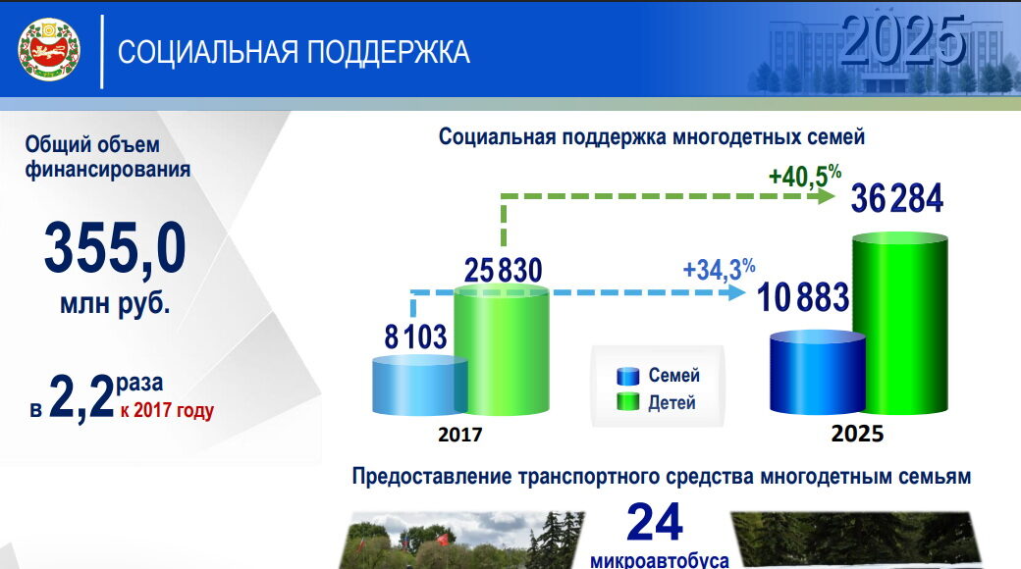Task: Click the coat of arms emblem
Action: pos(49,49)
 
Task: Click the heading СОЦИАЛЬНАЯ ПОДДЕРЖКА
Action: pos(294,52)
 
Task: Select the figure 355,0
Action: pos(115,248)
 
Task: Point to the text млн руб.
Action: pos(115,304)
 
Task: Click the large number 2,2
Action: pos(82,397)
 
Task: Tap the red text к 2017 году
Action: pos(167,411)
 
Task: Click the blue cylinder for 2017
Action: pos(419,386)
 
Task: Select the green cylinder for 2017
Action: pos(502,351)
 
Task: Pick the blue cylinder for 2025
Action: pos(817,373)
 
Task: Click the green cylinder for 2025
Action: pos(900,324)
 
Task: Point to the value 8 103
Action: pos(415,337)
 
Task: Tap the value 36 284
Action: pos(897,198)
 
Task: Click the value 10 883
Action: pos(803,297)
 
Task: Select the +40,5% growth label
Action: pos(805,176)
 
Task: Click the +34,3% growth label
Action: pos(719,269)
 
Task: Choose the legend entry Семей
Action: pos(659,376)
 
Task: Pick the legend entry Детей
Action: pos(657,402)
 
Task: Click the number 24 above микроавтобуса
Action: pos(655,522)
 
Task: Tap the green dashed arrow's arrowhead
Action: pos(827,196)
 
